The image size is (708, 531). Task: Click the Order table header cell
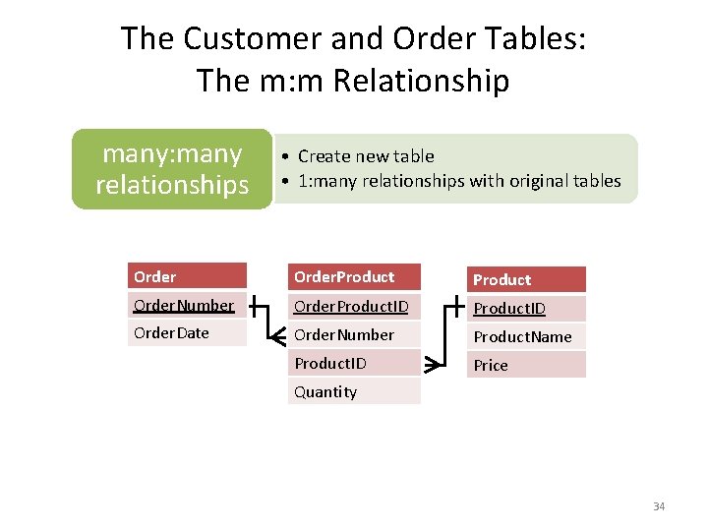click(x=187, y=276)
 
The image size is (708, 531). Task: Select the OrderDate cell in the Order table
click(x=187, y=333)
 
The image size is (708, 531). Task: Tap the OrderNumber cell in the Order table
click(x=187, y=305)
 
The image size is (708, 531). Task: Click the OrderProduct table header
click(x=355, y=276)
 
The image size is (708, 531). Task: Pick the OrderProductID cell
click(x=355, y=306)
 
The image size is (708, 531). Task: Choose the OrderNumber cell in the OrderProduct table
click(x=355, y=334)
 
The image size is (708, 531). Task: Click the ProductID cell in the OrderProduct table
click(x=355, y=363)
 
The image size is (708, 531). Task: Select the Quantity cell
click(x=355, y=391)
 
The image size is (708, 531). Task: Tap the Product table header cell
click(x=526, y=279)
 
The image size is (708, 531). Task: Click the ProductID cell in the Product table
click(x=526, y=309)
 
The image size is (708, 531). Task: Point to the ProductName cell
click(x=526, y=337)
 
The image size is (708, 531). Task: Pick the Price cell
click(x=526, y=365)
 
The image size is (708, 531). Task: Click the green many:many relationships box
click(x=172, y=169)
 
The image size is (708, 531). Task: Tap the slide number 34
click(x=659, y=506)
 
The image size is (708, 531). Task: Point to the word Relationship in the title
click(x=421, y=81)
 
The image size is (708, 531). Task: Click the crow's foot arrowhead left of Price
click(x=432, y=366)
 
